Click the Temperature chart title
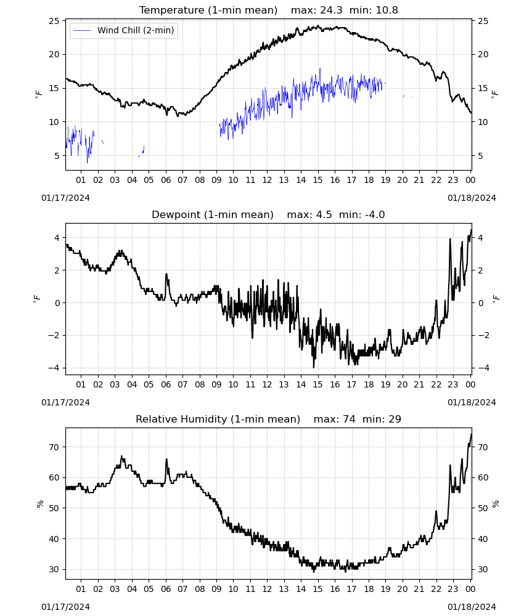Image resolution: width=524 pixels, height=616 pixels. pos(208,10)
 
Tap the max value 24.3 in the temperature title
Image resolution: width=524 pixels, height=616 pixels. pos(332,10)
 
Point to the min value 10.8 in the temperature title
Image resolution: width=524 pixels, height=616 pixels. pos(387,10)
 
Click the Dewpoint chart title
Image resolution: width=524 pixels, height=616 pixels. pos(213,215)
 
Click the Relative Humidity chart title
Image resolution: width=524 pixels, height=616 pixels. pos(218,419)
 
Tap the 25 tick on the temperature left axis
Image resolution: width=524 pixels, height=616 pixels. pos(54,21)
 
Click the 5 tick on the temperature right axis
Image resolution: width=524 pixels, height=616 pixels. pos(480,156)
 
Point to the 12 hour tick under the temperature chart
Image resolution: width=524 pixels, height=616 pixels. pos(268,180)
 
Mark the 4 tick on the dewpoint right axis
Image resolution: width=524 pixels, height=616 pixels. pos(480,238)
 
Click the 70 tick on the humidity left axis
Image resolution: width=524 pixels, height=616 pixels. pos(54,447)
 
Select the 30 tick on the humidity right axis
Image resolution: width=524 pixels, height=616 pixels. pos(483,569)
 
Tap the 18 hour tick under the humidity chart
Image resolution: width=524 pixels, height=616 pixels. pos(369,589)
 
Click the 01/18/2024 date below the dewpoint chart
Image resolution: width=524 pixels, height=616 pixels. pos(472,402)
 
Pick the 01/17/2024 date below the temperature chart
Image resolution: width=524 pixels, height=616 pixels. pos(65,198)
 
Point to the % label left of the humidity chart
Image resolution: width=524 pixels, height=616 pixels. pos(40,504)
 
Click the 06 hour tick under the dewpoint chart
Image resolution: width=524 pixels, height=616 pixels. pos(166,384)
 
